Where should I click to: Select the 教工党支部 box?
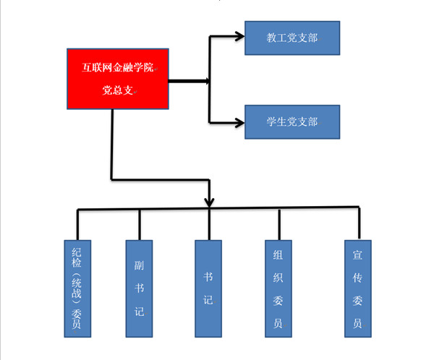[x=292, y=38]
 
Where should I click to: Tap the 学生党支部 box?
[x=292, y=121]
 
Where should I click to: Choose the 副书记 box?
[x=140, y=288]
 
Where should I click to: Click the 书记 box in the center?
[x=209, y=288]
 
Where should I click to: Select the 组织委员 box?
[x=278, y=288]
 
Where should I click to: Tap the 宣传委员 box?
[x=357, y=288]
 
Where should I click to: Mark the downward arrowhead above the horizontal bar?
[x=210, y=200]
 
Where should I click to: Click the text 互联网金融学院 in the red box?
[x=117, y=69]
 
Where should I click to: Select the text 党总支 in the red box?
[x=116, y=91]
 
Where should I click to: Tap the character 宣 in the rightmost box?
[x=357, y=254]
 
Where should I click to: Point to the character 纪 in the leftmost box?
[x=77, y=254]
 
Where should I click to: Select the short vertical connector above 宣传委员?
[x=357, y=223]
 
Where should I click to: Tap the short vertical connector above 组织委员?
[x=278, y=224]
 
